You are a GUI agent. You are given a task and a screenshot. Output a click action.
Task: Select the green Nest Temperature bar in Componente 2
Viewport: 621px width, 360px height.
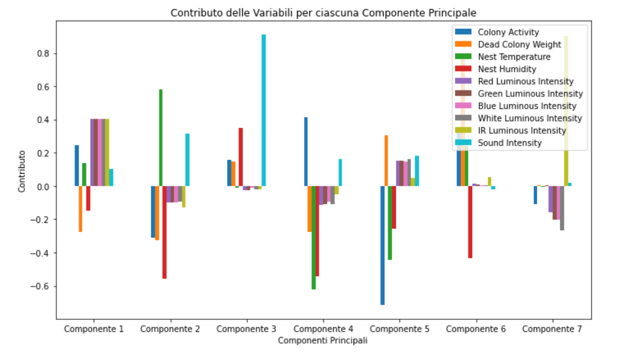point(161,138)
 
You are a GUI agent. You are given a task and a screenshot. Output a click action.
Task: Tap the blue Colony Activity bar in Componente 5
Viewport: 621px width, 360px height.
point(382,245)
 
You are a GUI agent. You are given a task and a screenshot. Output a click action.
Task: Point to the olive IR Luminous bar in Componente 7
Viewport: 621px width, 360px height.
point(566,111)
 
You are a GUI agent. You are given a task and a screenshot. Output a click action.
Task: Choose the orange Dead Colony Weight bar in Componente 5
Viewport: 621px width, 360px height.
point(386,161)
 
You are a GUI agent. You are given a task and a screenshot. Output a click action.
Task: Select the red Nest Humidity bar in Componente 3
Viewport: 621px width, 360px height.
point(241,157)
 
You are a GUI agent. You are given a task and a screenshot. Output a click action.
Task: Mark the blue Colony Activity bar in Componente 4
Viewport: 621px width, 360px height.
point(306,151)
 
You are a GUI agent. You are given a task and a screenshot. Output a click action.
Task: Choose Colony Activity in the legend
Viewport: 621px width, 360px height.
point(508,32)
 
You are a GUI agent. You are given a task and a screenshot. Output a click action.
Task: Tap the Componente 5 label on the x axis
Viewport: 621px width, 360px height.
point(399,329)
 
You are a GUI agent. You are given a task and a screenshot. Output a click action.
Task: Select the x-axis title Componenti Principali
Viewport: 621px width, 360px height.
point(323,341)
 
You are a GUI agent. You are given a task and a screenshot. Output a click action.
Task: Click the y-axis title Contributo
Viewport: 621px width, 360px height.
point(22,170)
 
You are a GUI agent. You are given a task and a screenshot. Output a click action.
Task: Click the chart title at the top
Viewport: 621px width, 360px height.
point(323,12)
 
